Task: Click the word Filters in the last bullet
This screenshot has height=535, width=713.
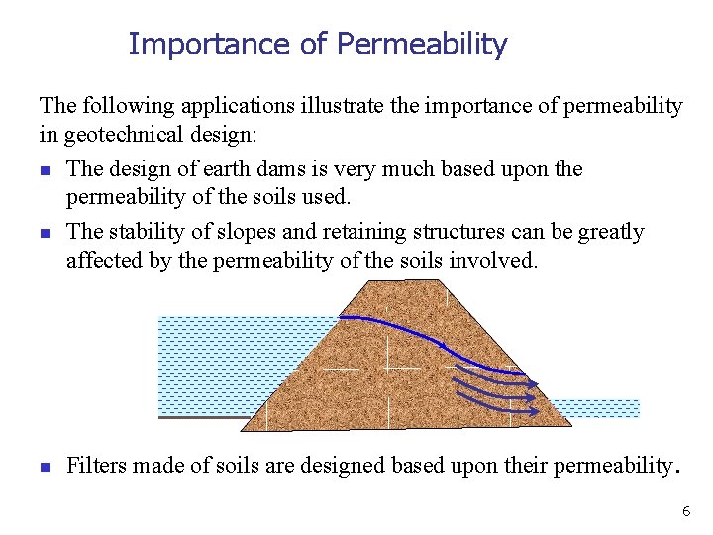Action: [98, 466]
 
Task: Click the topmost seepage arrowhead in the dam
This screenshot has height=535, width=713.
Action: [533, 384]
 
